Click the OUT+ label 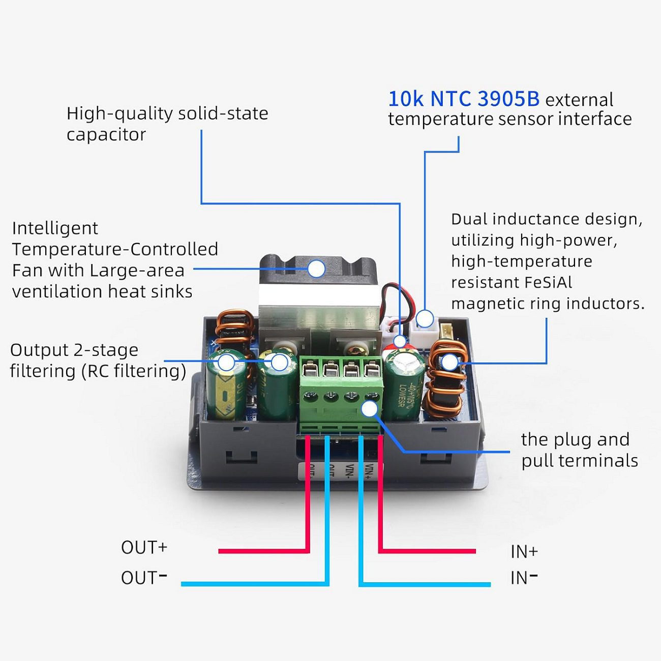144,548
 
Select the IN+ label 524,552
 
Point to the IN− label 524,578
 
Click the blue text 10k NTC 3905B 464,99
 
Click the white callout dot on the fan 316,268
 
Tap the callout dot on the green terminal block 370,408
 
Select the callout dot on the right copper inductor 449,362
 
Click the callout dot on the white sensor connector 425,319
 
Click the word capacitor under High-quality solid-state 106,135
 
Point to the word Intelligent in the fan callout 55,228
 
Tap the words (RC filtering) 134,371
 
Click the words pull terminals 580,461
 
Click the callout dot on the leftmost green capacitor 226,363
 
